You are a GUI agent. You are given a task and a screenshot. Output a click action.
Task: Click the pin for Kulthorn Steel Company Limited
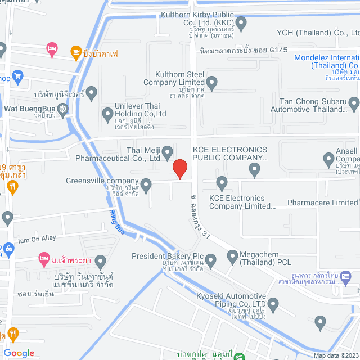212,84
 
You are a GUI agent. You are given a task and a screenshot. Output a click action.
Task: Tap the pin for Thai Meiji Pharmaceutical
167,152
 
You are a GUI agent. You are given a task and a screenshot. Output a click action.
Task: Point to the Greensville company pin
146,184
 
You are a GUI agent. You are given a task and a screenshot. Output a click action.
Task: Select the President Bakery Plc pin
210,260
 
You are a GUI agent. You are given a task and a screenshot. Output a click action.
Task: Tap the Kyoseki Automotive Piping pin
273,305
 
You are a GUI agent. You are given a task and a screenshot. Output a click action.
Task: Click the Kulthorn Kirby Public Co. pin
241,24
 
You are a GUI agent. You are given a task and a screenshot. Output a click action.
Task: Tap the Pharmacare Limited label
322,202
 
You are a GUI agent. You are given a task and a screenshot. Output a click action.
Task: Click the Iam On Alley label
37,238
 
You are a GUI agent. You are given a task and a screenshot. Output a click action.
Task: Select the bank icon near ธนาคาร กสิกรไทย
346,276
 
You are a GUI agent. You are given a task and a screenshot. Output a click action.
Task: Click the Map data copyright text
335,355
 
